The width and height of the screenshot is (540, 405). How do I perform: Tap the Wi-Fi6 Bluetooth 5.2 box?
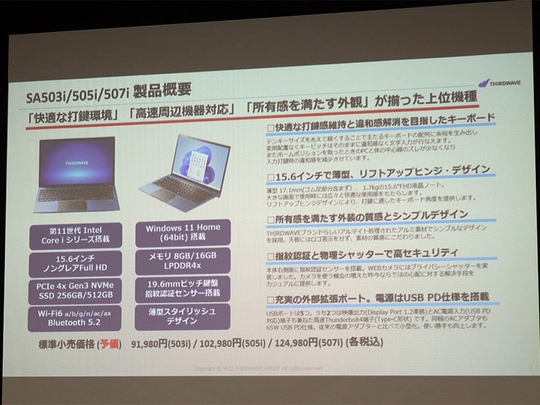tap(75, 319)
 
